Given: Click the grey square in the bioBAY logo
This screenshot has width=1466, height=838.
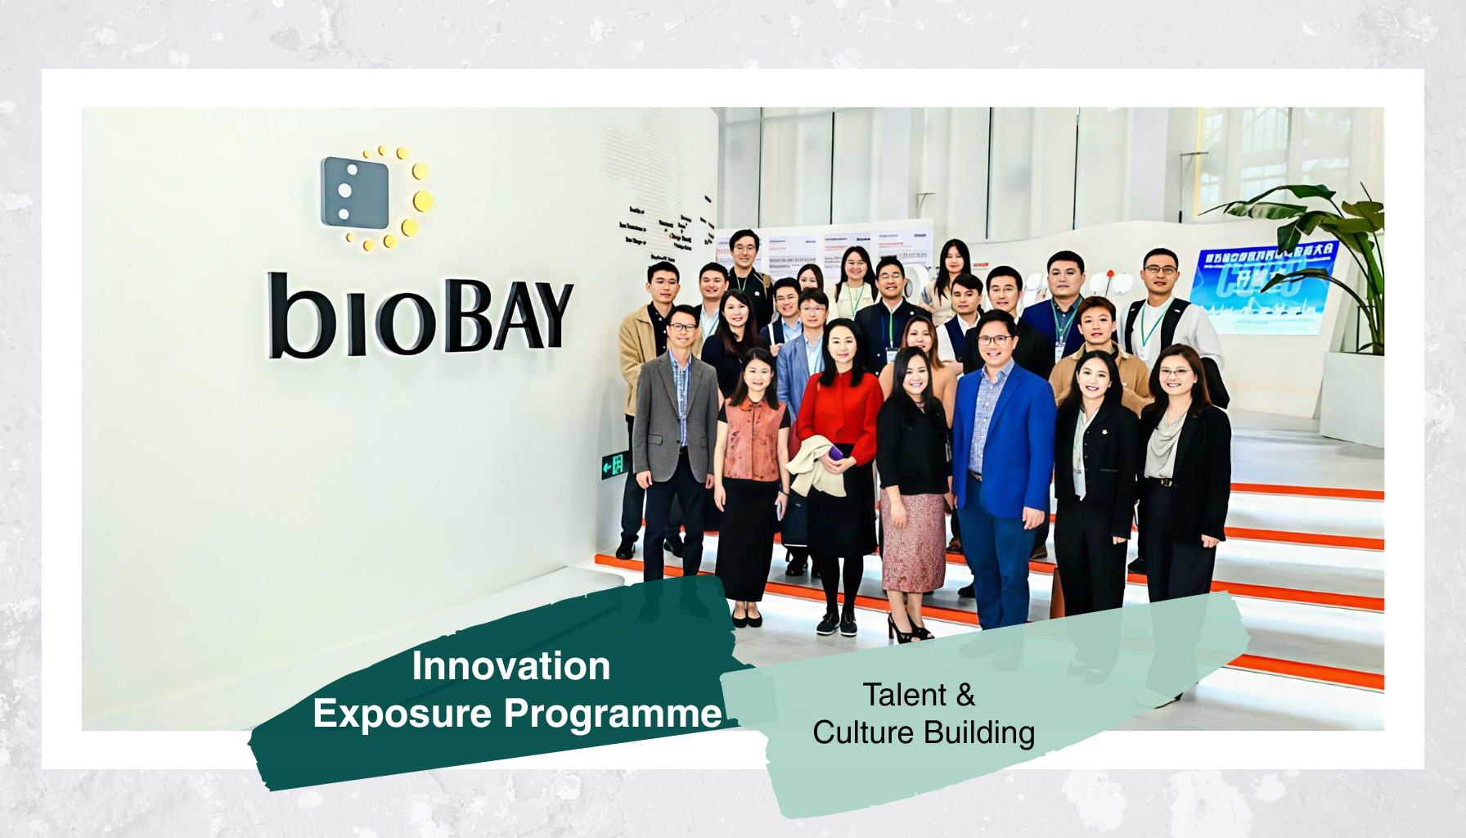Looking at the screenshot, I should point(355,192).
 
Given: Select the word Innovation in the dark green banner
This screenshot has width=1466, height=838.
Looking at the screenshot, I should point(510,666).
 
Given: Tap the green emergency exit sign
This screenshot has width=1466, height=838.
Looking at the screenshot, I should point(614,465).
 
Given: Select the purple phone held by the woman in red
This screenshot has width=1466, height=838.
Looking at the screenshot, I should point(836,453).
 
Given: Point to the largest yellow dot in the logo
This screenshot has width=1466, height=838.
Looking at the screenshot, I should point(423,200).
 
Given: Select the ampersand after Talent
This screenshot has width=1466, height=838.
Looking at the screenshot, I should point(965,695).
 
